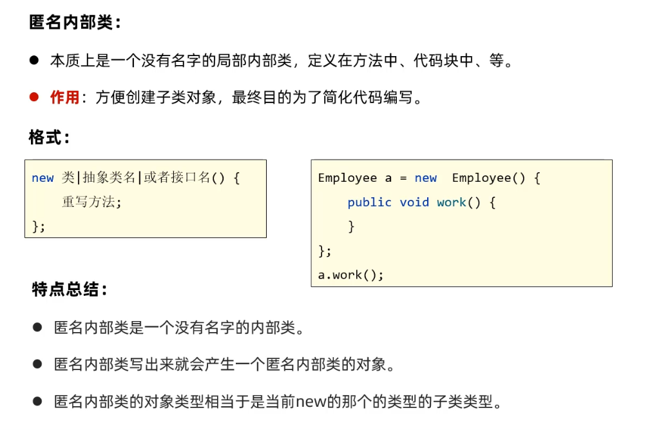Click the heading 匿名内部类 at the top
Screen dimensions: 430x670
pos(74,23)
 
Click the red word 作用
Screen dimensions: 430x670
pos(64,98)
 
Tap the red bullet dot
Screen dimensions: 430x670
pos(34,97)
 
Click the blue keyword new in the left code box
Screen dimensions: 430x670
pos(43,179)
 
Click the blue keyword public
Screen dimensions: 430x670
pos(369,202)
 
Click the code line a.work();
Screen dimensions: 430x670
pos(350,275)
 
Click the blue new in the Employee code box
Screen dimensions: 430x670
pos(425,179)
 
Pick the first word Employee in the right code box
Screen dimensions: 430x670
pos(347,179)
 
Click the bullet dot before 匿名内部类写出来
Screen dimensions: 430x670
pos(37,364)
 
